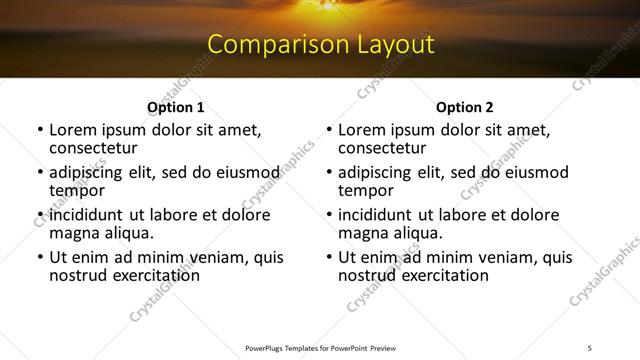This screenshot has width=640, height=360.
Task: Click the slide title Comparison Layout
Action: (x=320, y=45)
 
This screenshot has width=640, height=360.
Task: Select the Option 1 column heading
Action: (x=176, y=107)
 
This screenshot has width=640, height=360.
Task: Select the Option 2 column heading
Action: (x=464, y=107)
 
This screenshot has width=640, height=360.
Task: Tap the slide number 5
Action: (x=590, y=348)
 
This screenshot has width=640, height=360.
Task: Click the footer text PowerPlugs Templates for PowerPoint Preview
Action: (x=320, y=348)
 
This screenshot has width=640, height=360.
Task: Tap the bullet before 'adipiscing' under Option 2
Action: (x=328, y=173)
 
